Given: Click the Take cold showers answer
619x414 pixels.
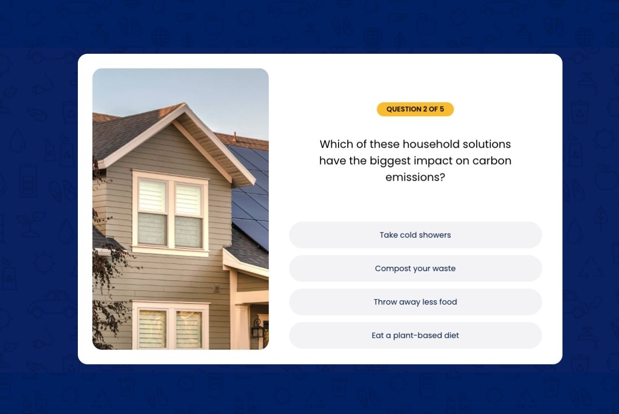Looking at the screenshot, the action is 415,235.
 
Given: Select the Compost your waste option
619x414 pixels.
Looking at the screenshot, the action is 415,268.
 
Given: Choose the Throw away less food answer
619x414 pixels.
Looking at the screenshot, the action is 415,302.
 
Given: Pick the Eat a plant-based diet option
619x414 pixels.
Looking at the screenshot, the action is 415,336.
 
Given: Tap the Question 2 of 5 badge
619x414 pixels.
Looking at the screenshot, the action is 415,109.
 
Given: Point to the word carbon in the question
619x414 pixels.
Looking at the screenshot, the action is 492,161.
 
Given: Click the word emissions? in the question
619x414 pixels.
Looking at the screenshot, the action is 415,177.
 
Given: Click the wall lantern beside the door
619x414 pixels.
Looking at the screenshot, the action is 258,329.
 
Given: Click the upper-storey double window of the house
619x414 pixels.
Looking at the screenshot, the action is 170,213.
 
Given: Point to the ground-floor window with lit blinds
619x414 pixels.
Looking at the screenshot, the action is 170,326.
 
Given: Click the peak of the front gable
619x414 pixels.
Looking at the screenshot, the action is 184,104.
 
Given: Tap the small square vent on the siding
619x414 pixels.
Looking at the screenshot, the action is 217,289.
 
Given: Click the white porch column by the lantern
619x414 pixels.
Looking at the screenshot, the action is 241,326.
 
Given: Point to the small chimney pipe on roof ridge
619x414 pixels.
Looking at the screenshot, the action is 235,137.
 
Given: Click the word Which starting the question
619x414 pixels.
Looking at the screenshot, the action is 336,144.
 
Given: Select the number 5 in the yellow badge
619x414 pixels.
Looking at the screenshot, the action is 442,109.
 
